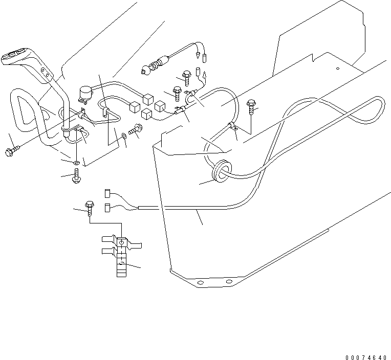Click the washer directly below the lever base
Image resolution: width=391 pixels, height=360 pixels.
[x=76, y=163]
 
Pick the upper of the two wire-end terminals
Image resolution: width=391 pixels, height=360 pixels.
[x=108, y=193]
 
